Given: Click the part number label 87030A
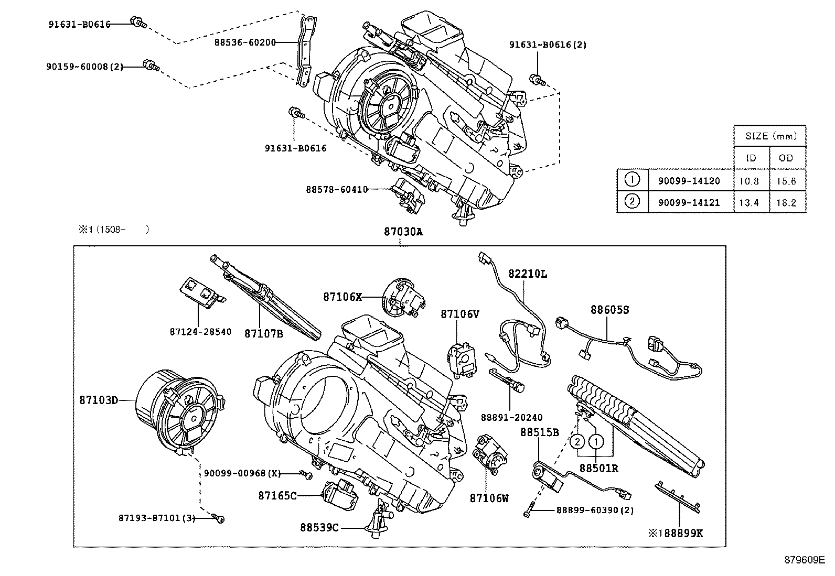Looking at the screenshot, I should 402,232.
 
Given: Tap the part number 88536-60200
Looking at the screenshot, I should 245,42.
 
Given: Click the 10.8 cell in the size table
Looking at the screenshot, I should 748,181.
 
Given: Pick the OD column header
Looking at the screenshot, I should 786,158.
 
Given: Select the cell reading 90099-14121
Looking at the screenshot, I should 689,202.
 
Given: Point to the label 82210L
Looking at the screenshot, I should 527,274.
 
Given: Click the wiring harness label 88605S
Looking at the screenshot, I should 609,310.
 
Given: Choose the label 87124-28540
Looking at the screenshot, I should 200,332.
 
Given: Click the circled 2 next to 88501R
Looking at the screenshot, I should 576,442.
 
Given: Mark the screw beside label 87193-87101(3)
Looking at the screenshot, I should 220,518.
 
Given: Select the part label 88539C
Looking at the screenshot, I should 320,527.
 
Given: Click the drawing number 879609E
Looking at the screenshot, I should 805,560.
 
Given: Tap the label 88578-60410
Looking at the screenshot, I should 337,189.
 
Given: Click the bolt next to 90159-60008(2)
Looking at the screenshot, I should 151,66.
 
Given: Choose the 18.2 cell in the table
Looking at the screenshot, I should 786,202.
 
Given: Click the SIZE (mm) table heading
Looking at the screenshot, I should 770,136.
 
